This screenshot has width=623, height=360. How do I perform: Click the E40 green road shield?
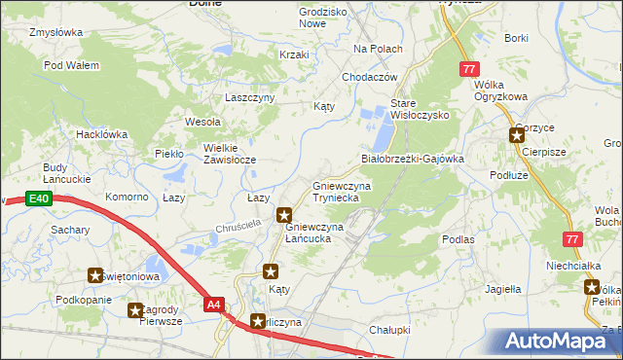39,198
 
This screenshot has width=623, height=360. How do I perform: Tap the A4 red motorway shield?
215,305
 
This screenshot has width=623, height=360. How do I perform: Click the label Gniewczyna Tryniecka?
336,191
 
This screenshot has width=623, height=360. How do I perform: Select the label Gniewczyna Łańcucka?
314,233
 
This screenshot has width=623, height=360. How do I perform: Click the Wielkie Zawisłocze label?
229,154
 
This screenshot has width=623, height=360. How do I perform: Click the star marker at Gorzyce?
516,135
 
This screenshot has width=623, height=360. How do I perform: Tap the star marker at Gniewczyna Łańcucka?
284,215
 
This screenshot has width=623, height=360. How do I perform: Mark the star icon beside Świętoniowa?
94,276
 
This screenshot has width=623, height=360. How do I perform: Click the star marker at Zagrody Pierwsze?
135,311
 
